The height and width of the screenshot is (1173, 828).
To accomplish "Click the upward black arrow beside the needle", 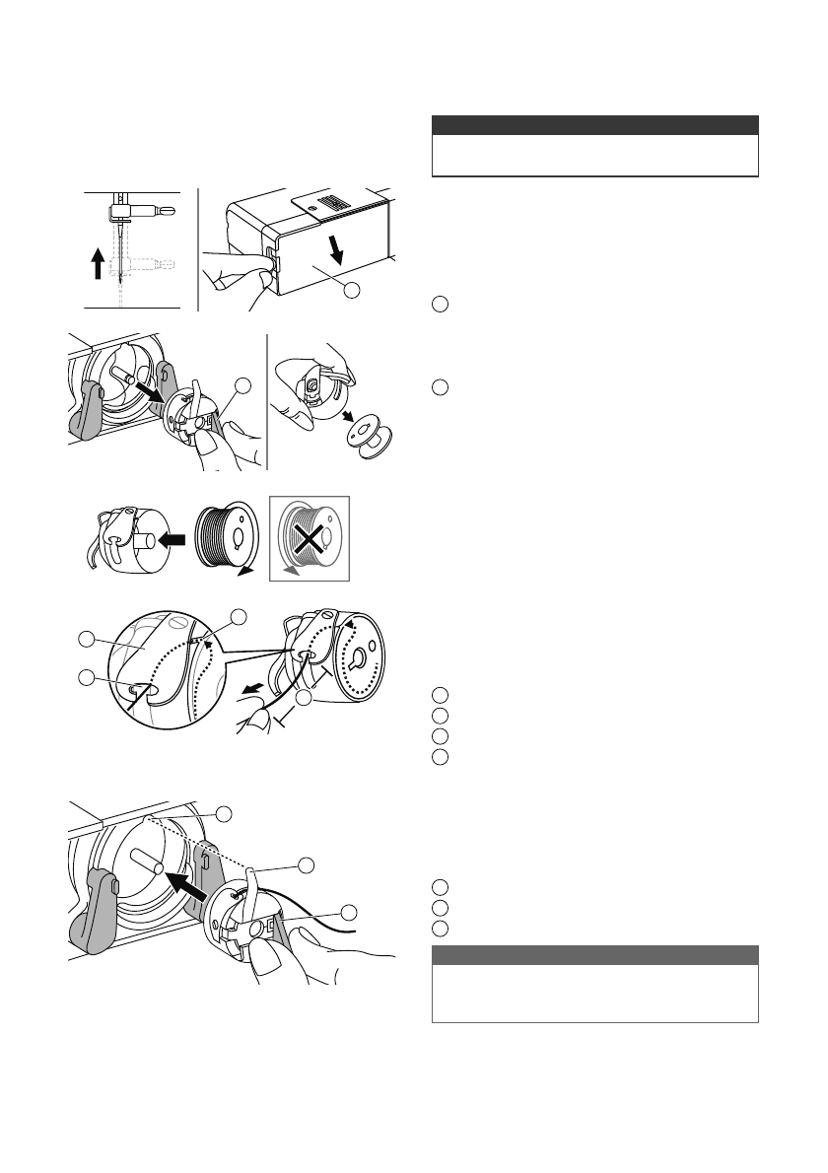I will [x=98, y=263].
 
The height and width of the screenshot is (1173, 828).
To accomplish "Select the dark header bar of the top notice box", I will [x=595, y=125].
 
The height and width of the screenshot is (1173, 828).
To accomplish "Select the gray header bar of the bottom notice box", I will [x=595, y=955].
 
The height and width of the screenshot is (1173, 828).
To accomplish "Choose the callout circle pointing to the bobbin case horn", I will [x=307, y=864].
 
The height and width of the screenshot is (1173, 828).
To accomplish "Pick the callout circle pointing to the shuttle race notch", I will [x=225, y=813].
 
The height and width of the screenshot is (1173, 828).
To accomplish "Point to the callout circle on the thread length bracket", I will [x=306, y=698].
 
